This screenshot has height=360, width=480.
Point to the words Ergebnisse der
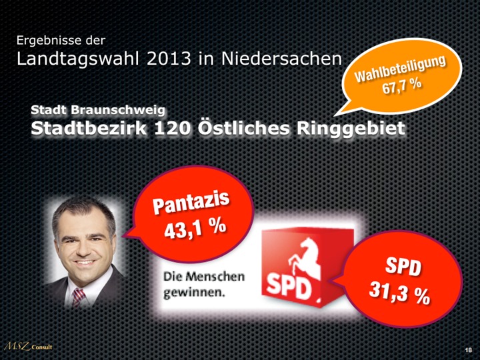61,41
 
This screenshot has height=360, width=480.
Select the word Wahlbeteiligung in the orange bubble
399,69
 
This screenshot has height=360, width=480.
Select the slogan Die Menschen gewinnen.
204,283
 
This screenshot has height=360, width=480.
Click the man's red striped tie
79,297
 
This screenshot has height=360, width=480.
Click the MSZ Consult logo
28,347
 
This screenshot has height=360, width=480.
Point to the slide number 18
468,350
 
